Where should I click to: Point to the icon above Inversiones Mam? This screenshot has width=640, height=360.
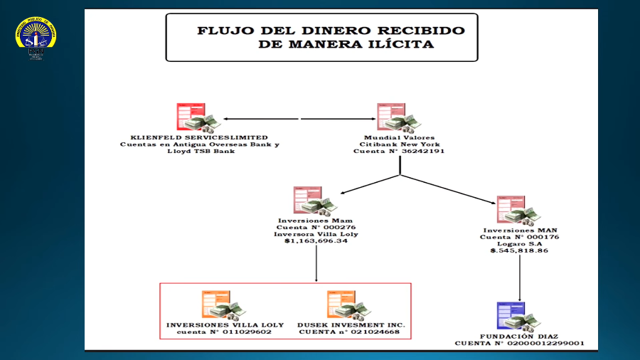313,201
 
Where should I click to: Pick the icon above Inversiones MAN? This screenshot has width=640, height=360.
517,211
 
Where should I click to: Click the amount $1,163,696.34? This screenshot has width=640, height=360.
316,241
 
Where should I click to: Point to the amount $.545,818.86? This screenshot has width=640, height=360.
519,251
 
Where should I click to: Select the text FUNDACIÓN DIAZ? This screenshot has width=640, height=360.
520,336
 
